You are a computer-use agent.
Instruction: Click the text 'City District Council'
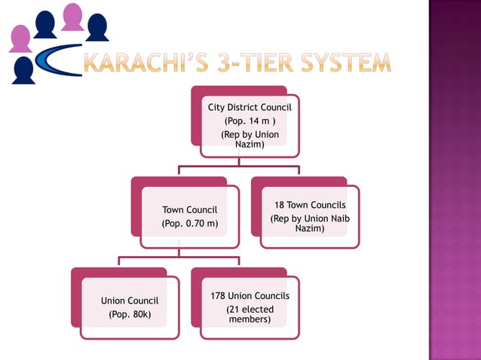point(250,108)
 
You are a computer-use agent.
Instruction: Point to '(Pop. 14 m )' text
point(250,121)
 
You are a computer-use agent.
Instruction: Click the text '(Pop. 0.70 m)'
point(190,224)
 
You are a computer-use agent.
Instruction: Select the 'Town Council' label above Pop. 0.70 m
point(190,209)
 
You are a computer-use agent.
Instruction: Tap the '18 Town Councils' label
point(310,205)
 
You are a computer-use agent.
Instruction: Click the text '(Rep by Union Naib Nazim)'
point(310,224)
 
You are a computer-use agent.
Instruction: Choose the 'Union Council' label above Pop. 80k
point(130,301)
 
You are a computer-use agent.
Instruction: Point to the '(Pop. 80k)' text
point(130,314)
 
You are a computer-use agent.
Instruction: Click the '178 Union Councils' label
point(250,296)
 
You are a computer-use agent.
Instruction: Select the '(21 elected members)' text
point(250,315)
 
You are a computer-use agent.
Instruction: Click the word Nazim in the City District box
point(250,144)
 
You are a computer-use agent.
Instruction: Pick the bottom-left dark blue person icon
point(23,70)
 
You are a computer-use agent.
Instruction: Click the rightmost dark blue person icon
point(97,28)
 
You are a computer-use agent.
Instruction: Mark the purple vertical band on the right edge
point(455,180)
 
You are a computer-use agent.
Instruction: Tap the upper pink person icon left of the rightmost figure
point(72,17)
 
